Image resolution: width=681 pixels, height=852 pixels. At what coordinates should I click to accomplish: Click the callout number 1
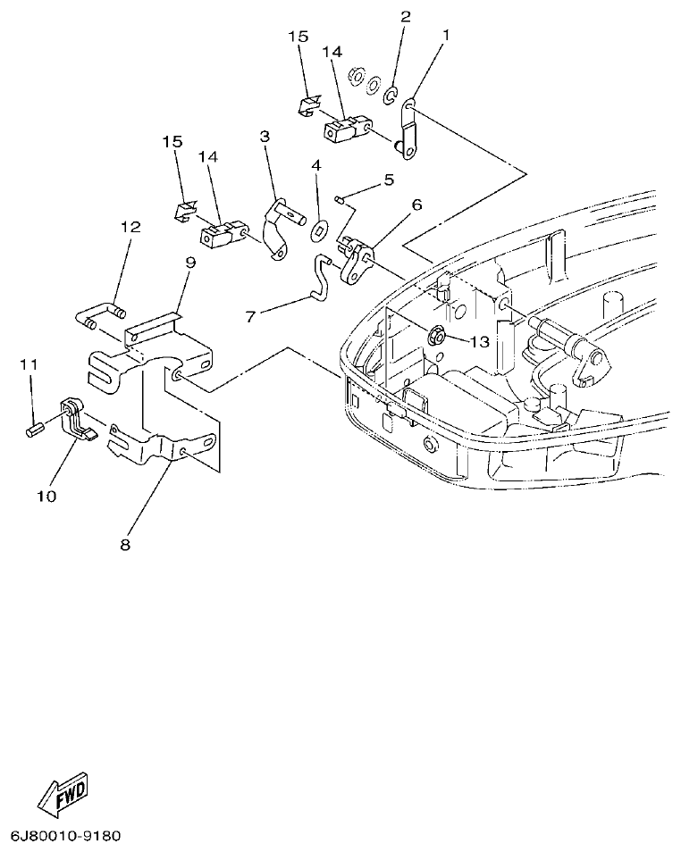(x=446, y=36)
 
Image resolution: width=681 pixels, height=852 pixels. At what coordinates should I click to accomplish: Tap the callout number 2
(x=405, y=16)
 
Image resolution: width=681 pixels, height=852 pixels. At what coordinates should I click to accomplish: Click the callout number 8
(x=124, y=544)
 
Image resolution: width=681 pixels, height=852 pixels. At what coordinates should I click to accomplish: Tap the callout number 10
(x=46, y=495)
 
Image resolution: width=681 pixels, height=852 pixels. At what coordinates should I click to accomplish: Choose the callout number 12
(x=130, y=228)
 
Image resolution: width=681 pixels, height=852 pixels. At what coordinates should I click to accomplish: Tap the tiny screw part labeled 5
(x=340, y=198)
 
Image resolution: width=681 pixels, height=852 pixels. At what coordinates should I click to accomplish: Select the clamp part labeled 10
(x=77, y=419)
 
